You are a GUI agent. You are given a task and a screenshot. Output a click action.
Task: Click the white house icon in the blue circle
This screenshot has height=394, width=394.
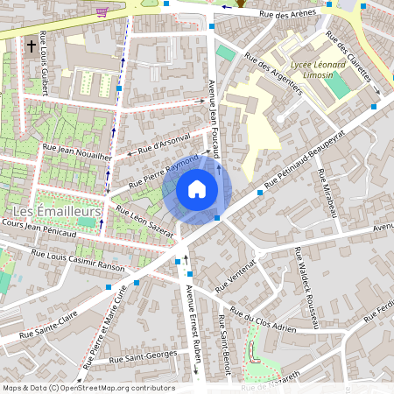pos(197,188)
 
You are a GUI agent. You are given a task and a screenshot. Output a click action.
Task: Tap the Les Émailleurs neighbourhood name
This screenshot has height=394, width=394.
pos(57,211)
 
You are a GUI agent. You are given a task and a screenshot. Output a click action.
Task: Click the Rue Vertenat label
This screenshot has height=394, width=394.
pos(234,272)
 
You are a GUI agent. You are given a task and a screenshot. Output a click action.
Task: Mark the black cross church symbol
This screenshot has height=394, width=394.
pos(32,45)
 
